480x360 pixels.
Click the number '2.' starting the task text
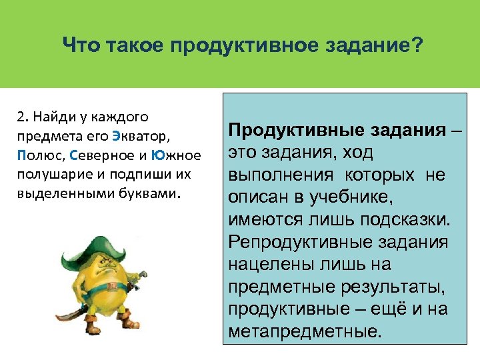(23, 117)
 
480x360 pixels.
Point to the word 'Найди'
(51, 117)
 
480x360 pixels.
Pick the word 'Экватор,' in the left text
(142, 137)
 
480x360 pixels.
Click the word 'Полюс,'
(39, 156)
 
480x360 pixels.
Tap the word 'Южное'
(176, 156)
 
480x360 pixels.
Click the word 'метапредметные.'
(306, 330)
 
